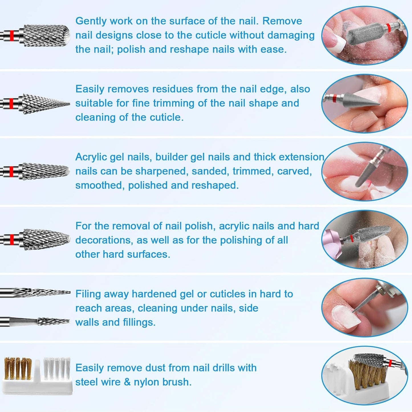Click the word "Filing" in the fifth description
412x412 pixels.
[x=88, y=294]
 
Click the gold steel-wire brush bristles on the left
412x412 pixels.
[x=18, y=368]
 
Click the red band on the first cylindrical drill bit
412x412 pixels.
[x=11, y=36]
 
